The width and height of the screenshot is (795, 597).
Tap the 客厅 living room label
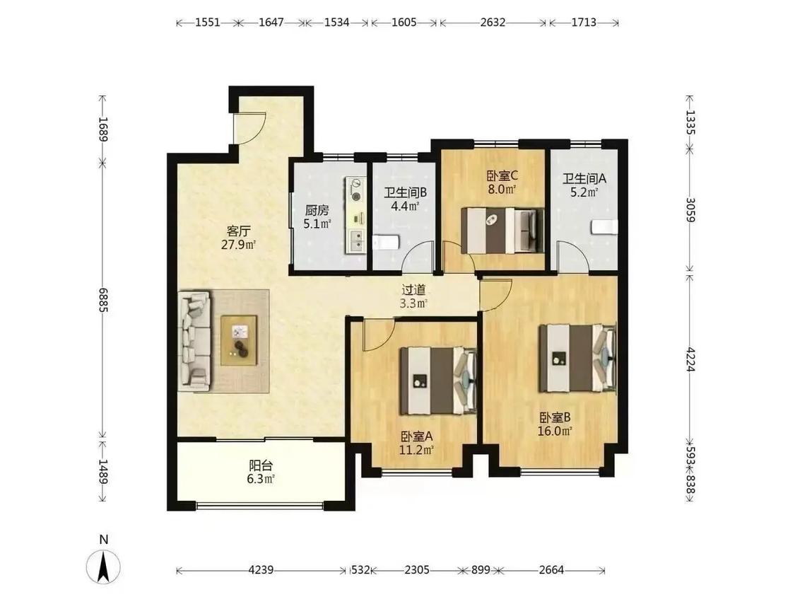[238, 231]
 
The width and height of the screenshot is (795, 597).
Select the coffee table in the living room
[240, 340]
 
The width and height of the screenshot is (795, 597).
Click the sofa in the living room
[195, 341]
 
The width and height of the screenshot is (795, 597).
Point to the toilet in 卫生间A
[604, 227]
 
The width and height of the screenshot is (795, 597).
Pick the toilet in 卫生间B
[387, 242]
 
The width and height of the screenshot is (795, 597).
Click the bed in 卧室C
[502, 231]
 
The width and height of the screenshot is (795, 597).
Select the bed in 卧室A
[438, 381]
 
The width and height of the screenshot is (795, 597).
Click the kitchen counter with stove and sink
[356, 215]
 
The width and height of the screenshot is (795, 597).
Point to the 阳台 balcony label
[261, 465]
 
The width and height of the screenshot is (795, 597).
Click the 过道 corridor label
[413, 290]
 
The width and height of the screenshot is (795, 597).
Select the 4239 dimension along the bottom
[261, 570]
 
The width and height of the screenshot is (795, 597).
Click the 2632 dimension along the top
[493, 23]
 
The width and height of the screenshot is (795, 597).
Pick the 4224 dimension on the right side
[690, 359]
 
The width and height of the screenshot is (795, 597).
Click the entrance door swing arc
[256, 129]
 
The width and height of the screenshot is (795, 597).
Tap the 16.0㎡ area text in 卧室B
[555, 431]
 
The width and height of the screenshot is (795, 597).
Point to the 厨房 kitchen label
[317, 210]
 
